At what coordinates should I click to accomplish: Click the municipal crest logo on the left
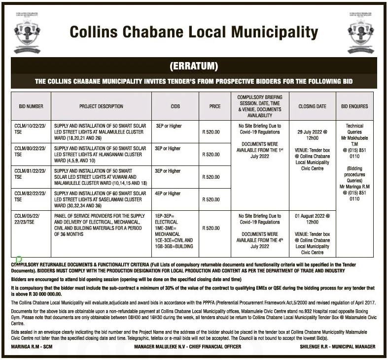[x=27, y=32]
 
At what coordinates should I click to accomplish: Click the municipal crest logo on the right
[x=361, y=32]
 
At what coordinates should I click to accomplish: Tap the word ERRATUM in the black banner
[x=194, y=66]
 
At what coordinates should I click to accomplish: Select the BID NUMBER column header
[x=31, y=106]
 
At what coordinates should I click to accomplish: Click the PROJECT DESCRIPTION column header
[x=101, y=106]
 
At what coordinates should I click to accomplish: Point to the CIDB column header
[x=175, y=106]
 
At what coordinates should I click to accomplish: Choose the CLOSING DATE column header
[x=312, y=106]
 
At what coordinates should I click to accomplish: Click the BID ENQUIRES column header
[x=354, y=106]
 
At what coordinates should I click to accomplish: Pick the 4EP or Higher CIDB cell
[x=168, y=194]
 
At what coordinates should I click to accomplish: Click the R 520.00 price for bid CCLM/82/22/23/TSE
[x=211, y=199]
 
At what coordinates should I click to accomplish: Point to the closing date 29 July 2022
[x=312, y=132]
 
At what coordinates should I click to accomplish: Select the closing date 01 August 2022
[x=312, y=219]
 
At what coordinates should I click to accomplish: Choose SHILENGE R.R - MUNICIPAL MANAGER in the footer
[x=337, y=347]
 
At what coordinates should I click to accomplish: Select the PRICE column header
[x=214, y=106]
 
